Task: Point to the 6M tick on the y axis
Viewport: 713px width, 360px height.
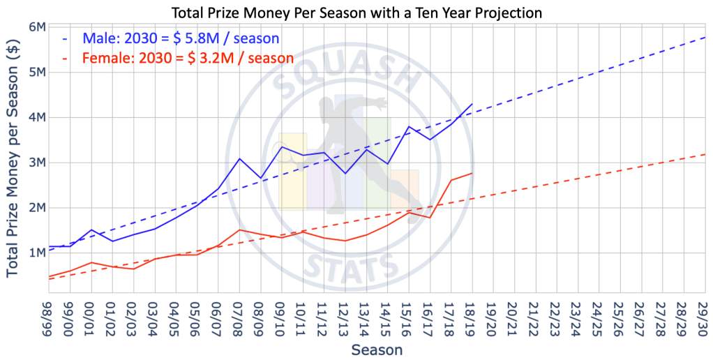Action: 37,27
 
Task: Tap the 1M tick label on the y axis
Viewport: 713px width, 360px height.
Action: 37,253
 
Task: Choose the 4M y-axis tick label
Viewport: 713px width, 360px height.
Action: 37,117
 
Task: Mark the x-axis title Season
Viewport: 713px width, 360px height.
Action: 377,348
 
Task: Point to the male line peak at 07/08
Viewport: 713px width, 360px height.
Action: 240,158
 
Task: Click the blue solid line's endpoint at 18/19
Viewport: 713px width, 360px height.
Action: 473,104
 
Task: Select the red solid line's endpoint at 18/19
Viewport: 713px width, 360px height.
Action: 473,173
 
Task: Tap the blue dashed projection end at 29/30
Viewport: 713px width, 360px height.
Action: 706,37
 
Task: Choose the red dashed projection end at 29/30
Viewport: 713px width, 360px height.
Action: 706,154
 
